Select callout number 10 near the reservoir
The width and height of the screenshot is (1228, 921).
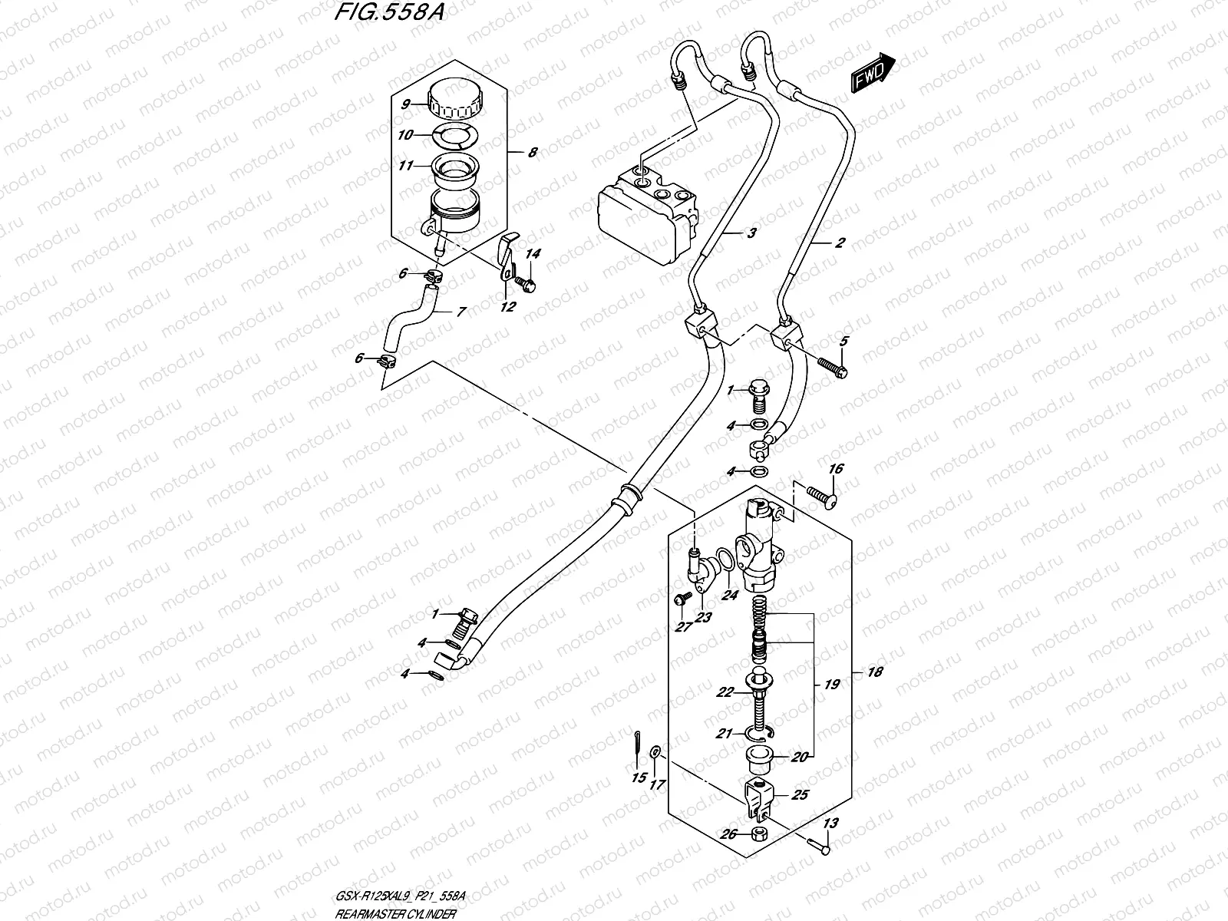(x=405, y=135)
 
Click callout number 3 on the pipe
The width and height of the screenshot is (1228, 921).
(x=751, y=233)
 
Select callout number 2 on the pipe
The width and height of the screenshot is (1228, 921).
(x=839, y=243)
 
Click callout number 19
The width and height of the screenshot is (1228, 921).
(x=832, y=684)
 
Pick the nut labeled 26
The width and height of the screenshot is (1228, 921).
(x=760, y=834)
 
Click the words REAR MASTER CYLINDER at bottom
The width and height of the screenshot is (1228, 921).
(x=398, y=913)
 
